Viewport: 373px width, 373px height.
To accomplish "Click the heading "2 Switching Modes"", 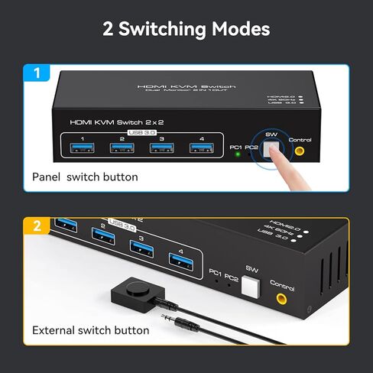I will click(x=186, y=29).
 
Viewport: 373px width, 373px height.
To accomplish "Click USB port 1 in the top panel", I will click(x=81, y=148).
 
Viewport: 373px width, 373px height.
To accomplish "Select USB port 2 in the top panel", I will click(x=122, y=148).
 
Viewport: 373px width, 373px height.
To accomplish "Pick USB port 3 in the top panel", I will click(x=162, y=148).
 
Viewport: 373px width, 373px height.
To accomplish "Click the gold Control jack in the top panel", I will click(x=299, y=151).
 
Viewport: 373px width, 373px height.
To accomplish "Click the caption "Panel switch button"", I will click(x=85, y=177).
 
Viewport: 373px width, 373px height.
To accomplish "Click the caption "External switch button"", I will click(x=90, y=330).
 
